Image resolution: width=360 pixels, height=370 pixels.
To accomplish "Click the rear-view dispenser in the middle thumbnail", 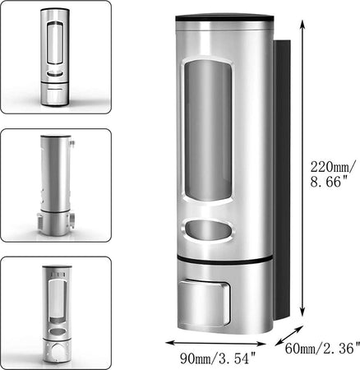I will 54,185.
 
